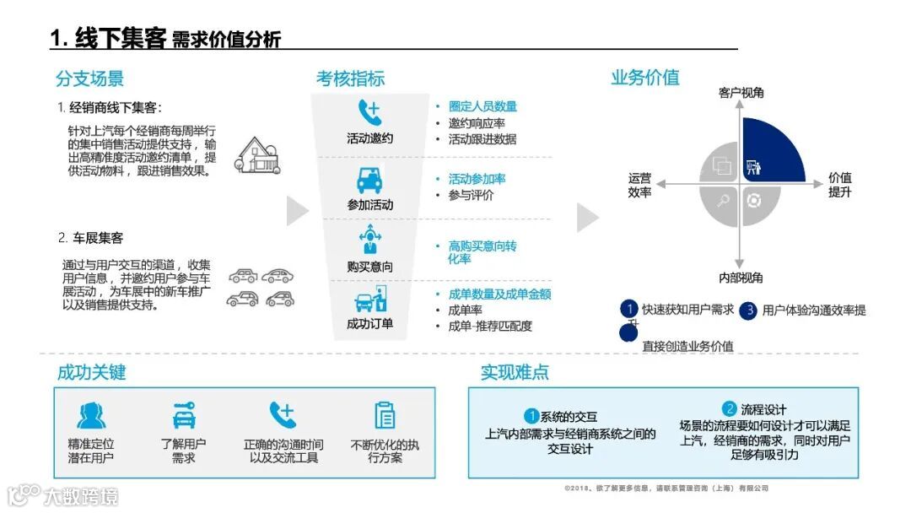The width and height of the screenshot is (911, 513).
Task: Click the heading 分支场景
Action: pyautogui.click(x=89, y=78)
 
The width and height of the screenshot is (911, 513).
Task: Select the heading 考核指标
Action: pyautogui.click(x=350, y=78)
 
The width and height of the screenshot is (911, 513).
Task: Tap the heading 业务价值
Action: pyautogui.click(x=644, y=78)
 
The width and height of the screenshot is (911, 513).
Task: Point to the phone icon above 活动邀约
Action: pyautogui.click(x=369, y=113)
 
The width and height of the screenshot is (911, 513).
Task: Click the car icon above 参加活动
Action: pyautogui.click(x=369, y=181)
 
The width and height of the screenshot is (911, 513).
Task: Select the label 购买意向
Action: pyautogui.click(x=369, y=267)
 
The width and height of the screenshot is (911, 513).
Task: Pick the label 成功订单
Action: pyautogui.click(x=369, y=324)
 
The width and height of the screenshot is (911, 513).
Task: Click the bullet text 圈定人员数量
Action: pyautogui.click(x=482, y=106)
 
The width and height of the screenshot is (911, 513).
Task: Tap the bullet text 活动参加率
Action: pyautogui.click(x=477, y=179)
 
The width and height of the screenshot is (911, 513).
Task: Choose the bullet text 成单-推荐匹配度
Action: pyautogui.click(x=490, y=326)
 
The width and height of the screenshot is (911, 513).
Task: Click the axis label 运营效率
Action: pyautogui.click(x=639, y=186)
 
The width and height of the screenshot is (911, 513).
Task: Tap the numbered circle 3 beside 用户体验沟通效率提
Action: pyautogui.click(x=747, y=310)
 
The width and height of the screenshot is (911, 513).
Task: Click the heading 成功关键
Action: pyautogui.click(x=91, y=372)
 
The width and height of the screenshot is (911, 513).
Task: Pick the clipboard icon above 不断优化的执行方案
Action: pyautogui.click(x=385, y=415)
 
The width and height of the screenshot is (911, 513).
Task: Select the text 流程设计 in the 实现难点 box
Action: pyautogui.click(x=763, y=409)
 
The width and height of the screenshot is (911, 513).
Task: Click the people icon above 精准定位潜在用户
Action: pyautogui.click(x=91, y=415)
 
